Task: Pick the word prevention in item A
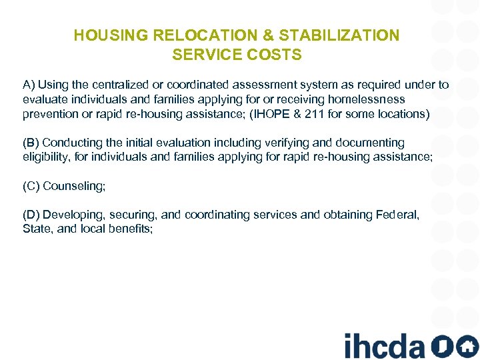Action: tap(49, 114)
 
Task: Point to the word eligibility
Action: tap(45, 157)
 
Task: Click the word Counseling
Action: tap(74, 186)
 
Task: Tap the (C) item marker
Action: tap(31, 186)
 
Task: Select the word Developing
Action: tap(73, 215)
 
